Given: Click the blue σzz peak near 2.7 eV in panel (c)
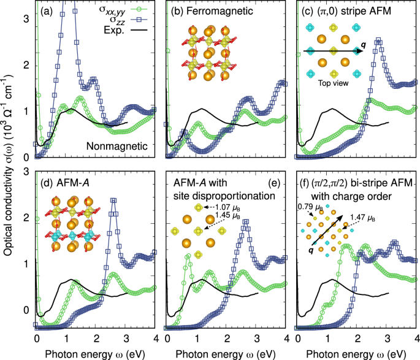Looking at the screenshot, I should (x=378, y=42).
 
